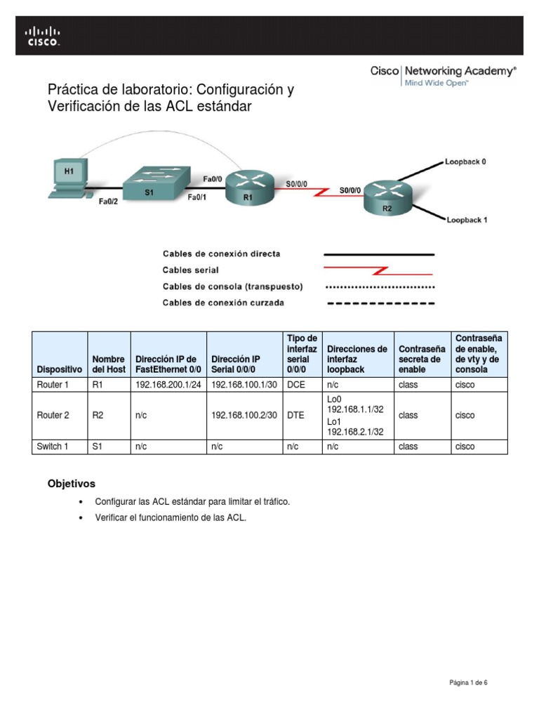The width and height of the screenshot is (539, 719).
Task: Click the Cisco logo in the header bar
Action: pos(43,36)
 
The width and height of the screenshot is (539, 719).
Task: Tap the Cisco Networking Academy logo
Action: pos(443,76)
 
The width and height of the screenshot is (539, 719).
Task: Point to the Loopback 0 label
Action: pos(466,161)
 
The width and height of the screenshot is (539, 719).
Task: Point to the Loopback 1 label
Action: pos(467,220)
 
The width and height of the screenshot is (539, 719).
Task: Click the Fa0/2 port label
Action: pos(109,201)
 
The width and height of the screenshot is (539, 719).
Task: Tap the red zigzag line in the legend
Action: pos(378,270)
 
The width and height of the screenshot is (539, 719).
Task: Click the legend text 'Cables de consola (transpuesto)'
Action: pos(232,286)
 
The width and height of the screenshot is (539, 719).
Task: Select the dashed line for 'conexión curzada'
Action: pos(378,303)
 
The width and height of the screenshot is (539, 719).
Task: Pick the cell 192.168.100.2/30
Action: pos(244,415)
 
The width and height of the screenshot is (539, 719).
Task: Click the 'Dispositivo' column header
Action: pos(59,369)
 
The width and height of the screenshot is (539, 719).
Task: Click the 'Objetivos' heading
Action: pos(71,484)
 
